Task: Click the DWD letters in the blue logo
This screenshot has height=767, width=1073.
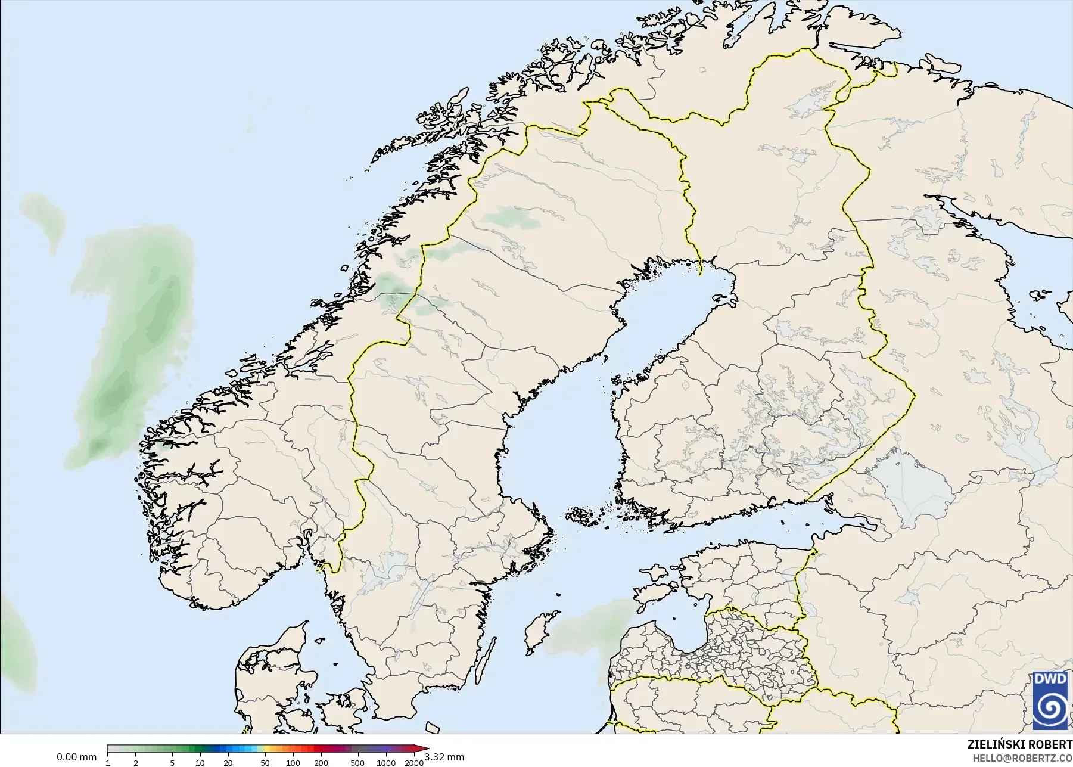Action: (1050, 679)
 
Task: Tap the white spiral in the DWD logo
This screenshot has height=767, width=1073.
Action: (1050, 707)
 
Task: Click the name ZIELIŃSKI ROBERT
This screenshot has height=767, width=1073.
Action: (1019, 744)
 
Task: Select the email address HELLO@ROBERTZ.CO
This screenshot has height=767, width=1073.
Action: (1022, 758)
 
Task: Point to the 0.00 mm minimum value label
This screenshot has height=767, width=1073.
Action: (76, 757)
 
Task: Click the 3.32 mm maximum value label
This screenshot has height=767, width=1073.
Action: (444, 757)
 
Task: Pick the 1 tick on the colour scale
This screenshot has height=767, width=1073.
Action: (108, 763)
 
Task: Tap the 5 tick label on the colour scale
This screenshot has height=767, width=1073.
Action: (172, 763)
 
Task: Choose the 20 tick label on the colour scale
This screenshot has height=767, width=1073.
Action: (228, 763)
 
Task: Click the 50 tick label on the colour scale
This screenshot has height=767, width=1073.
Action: (265, 763)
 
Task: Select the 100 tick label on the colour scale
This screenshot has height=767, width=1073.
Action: (293, 763)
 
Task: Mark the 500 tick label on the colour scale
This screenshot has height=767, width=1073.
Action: (357, 763)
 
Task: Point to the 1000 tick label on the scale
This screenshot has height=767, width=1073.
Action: (385, 763)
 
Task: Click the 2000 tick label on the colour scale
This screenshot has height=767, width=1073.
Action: (413, 763)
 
